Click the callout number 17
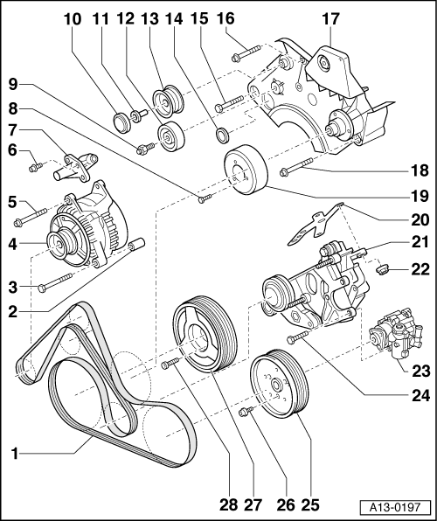pos(330,19)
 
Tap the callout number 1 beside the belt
pos(14,453)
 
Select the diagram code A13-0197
pos(395,507)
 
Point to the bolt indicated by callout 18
pos(296,166)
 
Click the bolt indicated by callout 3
pos(55,281)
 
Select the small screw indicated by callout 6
pos(36,166)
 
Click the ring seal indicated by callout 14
pos(222,135)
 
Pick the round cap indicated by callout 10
pos(121,122)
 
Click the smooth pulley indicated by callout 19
pos(246,170)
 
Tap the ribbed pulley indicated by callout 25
pos(279,382)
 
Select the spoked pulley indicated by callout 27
pos(205,333)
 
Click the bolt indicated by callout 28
pos(170,363)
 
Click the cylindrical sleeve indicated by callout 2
pos(136,245)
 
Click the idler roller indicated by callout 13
pos(168,101)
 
